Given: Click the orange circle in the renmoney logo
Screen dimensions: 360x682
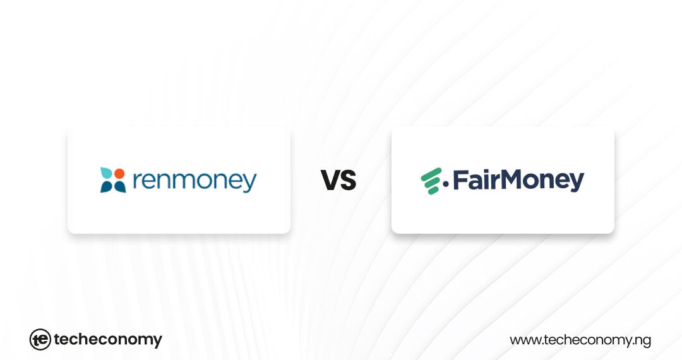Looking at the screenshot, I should coord(119,173).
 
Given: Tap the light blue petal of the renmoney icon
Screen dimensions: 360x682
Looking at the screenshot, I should coord(106,174).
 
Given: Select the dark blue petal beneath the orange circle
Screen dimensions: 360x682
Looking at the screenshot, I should coord(119,186).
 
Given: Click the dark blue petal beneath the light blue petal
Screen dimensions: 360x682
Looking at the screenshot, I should coord(106,186).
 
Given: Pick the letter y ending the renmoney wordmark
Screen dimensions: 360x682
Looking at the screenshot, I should coord(250,184).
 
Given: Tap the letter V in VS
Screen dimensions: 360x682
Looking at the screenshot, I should coord(330,181).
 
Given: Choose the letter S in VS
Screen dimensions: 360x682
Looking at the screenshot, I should coord(348,181).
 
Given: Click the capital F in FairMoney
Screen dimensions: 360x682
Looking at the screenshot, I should coord(458,180).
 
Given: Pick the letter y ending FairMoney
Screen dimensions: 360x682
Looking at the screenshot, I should coord(576,183).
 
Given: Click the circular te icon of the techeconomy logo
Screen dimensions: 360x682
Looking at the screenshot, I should coord(40,340).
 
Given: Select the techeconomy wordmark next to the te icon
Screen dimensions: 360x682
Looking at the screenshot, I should coord(108,340).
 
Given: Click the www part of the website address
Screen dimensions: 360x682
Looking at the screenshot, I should coord(523,340).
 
